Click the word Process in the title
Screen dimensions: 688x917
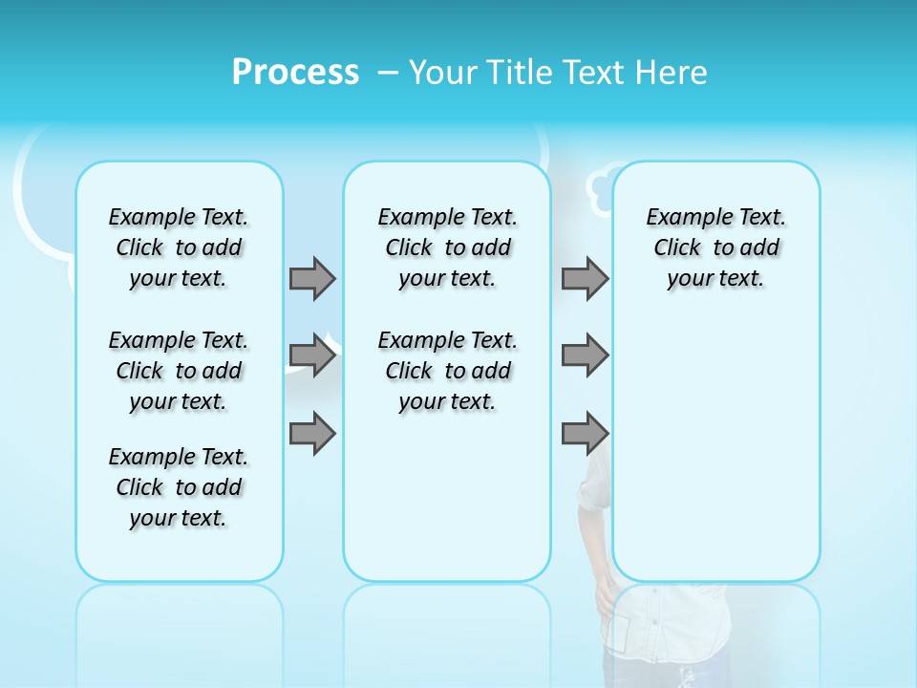pyautogui.click(x=295, y=73)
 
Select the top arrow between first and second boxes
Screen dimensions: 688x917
pyautogui.click(x=312, y=278)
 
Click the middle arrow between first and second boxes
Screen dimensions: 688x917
pyautogui.click(x=312, y=355)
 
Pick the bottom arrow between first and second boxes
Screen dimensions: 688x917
pyautogui.click(x=312, y=434)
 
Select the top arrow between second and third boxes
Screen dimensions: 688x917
pyautogui.click(x=585, y=278)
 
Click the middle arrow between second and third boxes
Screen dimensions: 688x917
pyautogui.click(x=585, y=355)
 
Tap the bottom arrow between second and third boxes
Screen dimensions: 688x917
pyautogui.click(x=585, y=434)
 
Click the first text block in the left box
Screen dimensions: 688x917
pyautogui.click(x=179, y=247)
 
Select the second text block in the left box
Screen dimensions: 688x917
pyautogui.click(x=179, y=371)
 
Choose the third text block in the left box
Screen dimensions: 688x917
pyautogui.click(x=179, y=487)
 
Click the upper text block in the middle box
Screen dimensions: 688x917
pyautogui.click(x=447, y=247)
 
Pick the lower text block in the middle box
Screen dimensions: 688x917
pyautogui.click(x=447, y=371)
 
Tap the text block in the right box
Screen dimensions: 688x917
pyautogui.click(x=715, y=247)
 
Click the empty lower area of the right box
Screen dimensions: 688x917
pyautogui.click(x=715, y=449)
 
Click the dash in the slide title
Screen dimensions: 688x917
pyautogui.click(x=388, y=73)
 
